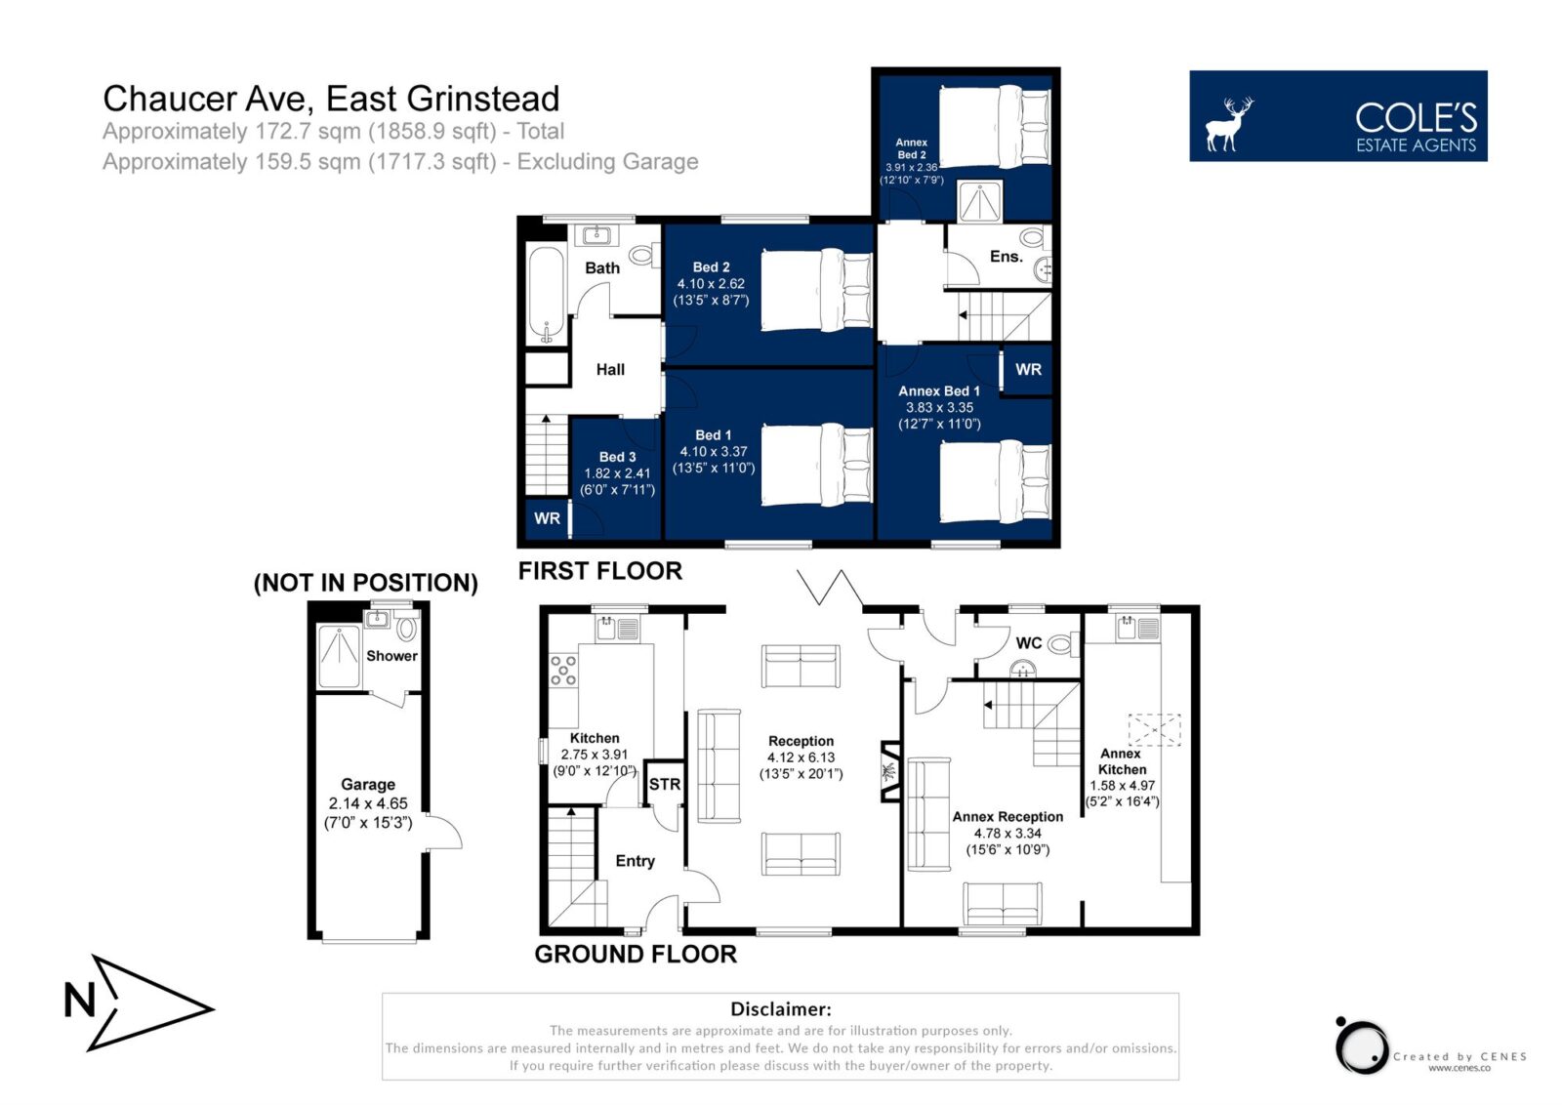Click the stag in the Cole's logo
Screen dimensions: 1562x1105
[1229, 124]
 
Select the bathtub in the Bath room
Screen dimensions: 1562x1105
[546, 295]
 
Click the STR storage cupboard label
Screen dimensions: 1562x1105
[665, 784]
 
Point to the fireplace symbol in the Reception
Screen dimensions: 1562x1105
[889, 771]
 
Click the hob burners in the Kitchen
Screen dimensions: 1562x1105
[563, 670]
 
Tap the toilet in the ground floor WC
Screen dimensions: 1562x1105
[1063, 644]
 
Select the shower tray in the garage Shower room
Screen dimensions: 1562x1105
[340, 656]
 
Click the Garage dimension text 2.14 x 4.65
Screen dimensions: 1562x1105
[368, 803]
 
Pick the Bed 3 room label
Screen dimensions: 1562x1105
[618, 457]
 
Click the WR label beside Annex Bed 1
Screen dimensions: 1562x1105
[1029, 370]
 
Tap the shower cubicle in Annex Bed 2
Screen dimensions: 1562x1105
[980, 201]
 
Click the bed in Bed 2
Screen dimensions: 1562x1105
[817, 289]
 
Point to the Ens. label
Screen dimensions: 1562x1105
[1007, 257]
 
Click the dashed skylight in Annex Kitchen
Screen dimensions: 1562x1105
[1154, 730]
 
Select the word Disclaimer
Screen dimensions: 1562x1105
[781, 1008]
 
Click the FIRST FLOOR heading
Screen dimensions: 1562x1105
[600, 571]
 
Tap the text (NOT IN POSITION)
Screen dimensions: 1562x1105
[366, 583]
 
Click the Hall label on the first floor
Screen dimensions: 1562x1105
[610, 370]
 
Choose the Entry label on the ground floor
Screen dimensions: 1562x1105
[636, 861]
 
